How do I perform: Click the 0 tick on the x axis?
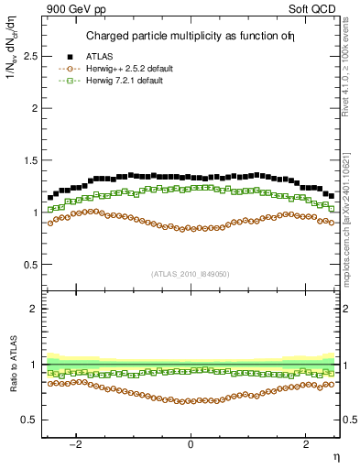tap(191, 444)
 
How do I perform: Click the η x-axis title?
tap(335, 457)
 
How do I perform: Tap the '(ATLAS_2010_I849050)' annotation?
tap(191, 273)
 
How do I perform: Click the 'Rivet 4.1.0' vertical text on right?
tap(352, 64)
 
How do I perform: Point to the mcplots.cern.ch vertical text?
tap(352, 220)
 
